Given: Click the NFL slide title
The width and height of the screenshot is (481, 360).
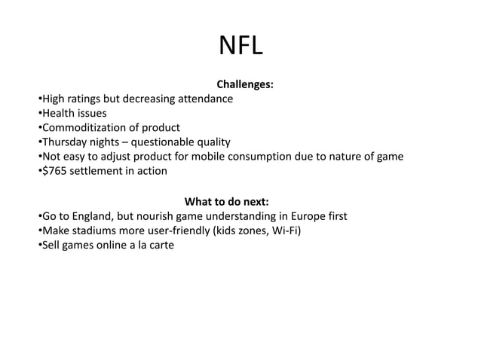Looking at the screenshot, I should pos(240,47).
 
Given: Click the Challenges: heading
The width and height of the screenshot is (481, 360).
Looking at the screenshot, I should pos(246,84).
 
